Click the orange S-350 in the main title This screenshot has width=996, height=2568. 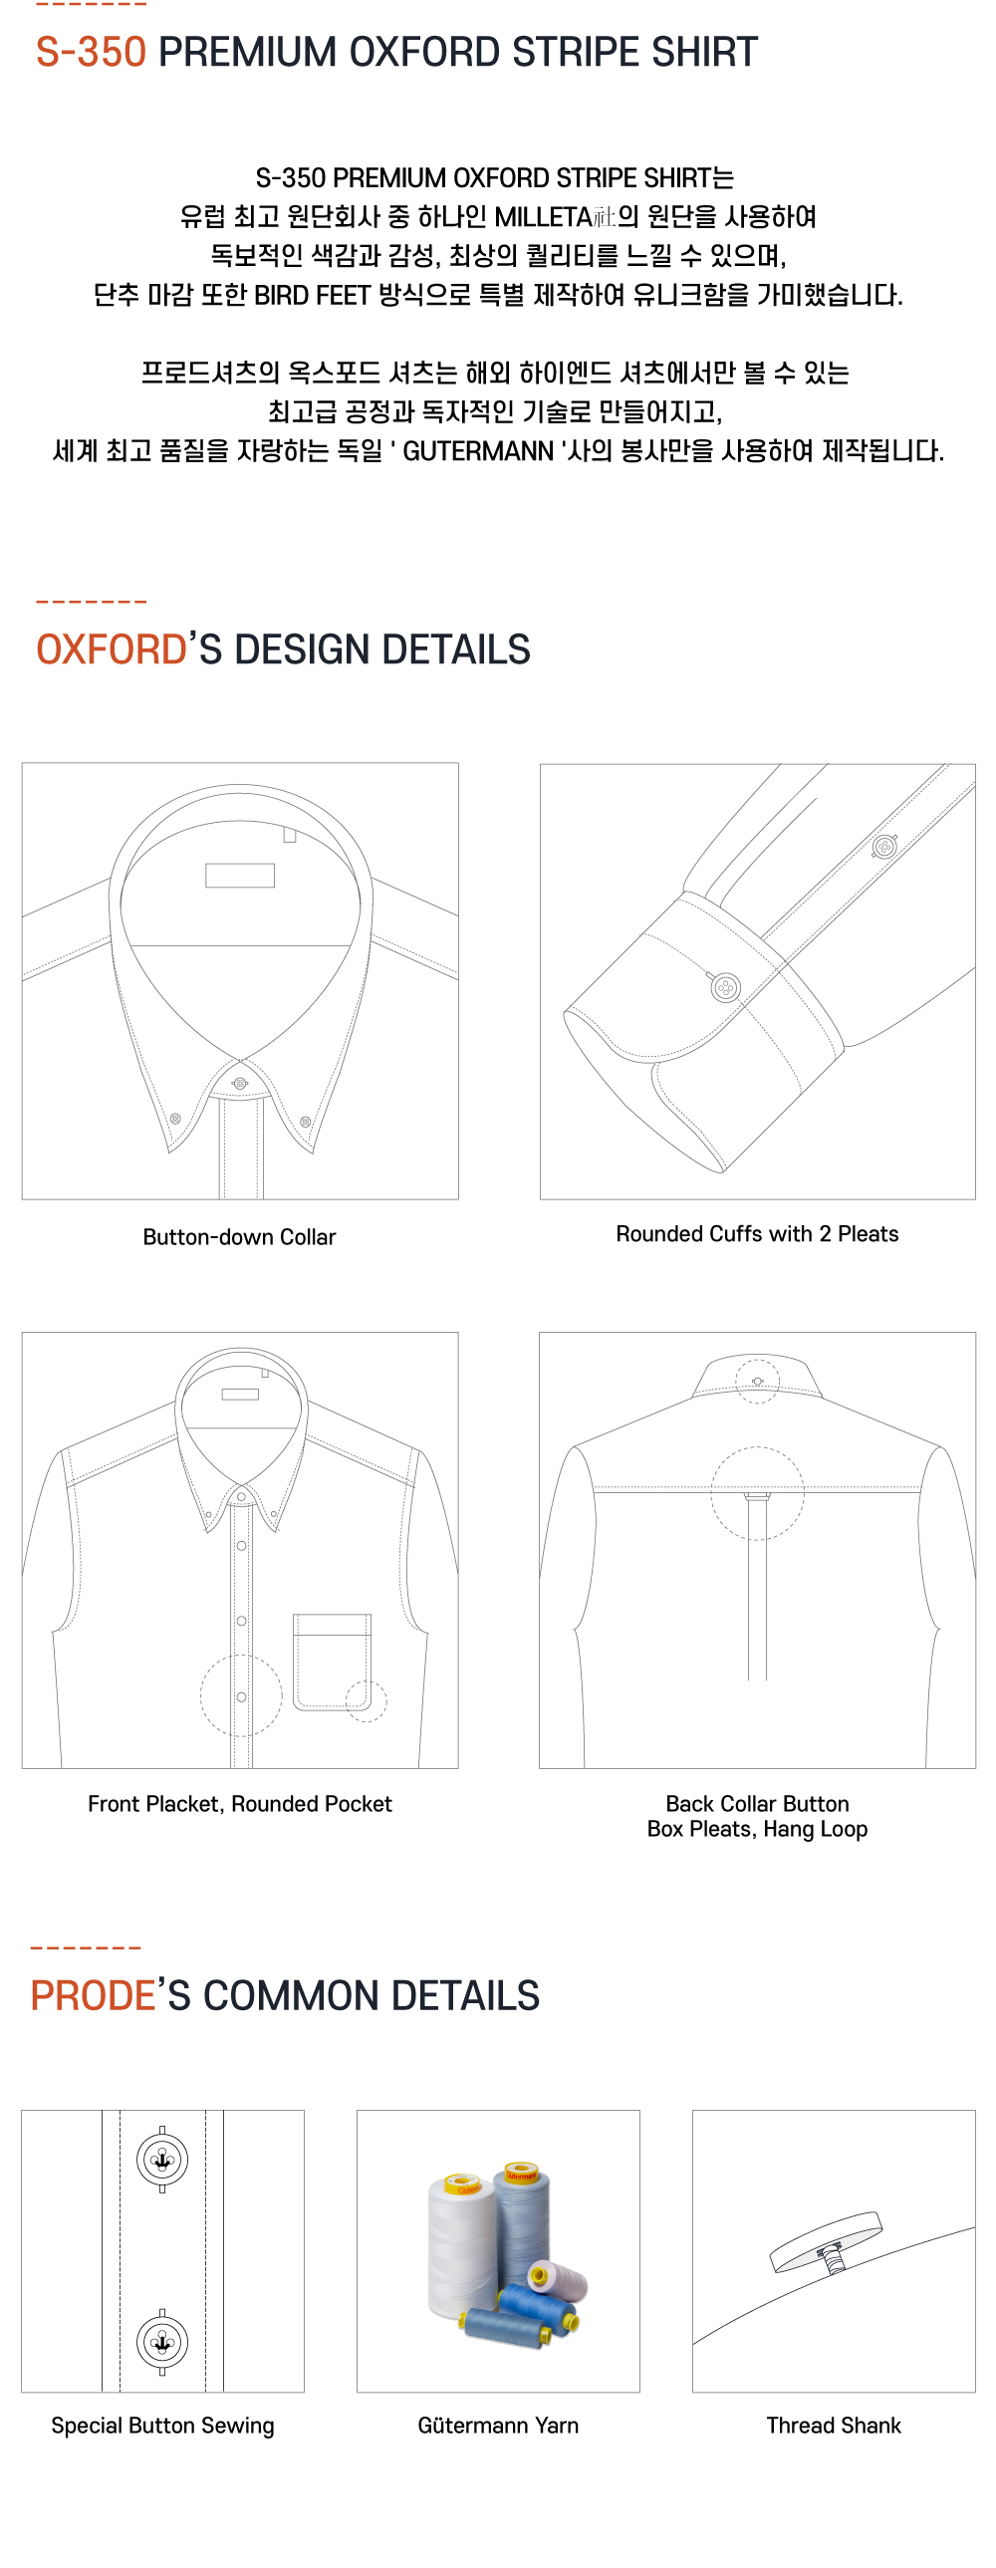91,52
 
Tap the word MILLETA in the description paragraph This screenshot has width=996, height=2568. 543,216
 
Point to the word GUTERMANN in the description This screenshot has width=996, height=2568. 477,451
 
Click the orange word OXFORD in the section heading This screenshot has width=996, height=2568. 111,649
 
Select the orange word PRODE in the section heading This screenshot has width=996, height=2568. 93,1996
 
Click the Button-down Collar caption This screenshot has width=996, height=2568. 239,1237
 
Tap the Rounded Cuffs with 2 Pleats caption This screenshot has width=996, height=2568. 757,1234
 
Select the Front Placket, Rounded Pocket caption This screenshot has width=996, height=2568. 239,1803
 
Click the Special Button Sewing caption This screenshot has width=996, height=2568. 162,2426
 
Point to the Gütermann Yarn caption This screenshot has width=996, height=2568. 497,2426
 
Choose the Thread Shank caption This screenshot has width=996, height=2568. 834,2426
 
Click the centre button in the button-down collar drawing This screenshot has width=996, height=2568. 239,1083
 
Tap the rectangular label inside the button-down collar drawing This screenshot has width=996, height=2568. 239,876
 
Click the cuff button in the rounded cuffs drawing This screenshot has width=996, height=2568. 725,988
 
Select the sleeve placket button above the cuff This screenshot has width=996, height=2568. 883,848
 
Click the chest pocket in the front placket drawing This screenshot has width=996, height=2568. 332,1662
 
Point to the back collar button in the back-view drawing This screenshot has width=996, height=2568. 757,1381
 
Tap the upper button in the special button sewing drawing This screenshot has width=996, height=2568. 161,2160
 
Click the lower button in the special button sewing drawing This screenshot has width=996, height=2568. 161,2342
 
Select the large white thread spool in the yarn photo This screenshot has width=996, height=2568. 460,2243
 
